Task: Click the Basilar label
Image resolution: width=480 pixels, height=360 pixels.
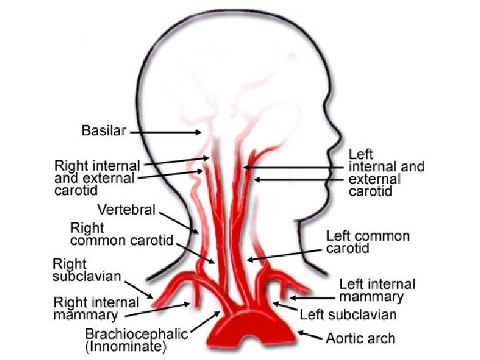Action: tap(103, 131)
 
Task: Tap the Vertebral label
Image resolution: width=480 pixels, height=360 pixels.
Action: tap(126, 210)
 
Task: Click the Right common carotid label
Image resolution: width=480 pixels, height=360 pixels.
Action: tap(121, 234)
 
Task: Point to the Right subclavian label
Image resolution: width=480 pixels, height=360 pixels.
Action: tap(87, 270)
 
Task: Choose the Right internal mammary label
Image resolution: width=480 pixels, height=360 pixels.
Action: tap(97, 309)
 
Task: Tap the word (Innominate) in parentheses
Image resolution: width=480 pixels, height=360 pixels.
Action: tap(126, 347)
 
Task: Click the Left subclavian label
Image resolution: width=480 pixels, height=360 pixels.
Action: tap(348, 314)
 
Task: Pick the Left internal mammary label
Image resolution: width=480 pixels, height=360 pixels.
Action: tap(377, 291)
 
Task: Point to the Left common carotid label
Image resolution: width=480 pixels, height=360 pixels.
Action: tap(367, 242)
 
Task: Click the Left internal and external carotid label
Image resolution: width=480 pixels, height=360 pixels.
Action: tap(385, 173)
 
